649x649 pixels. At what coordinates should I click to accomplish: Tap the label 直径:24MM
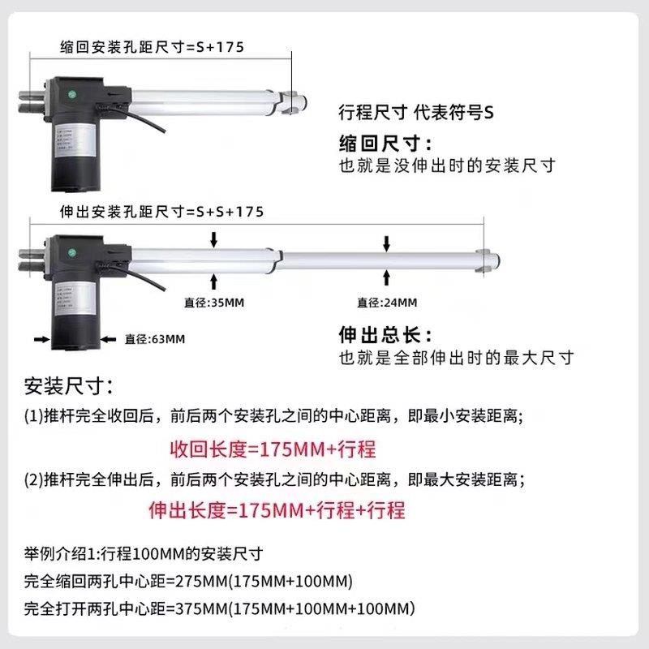point(387,303)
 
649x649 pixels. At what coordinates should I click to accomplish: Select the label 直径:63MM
point(155,338)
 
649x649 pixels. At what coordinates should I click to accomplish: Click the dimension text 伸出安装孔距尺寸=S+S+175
point(162,212)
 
